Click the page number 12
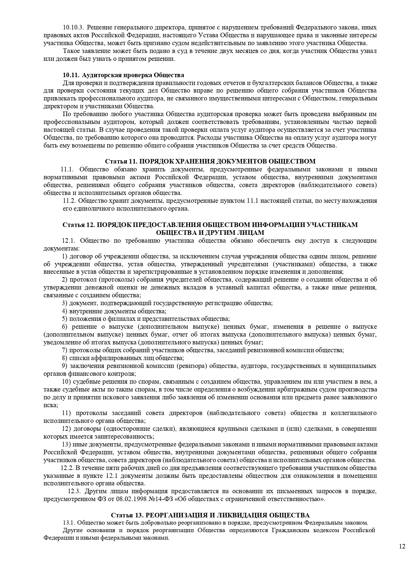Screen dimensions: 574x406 (402, 546)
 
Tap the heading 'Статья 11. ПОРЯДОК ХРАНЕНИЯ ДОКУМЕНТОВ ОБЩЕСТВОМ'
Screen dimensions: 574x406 (210, 161)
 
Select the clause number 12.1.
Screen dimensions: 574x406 (69, 241)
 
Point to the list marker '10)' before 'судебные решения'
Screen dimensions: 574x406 (66, 382)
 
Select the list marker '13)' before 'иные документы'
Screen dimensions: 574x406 (66, 444)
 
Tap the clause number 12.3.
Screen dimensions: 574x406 (74, 492)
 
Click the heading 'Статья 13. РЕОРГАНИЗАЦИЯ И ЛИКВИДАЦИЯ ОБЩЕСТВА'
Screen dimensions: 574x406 (210, 515)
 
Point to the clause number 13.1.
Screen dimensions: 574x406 (69, 523)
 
